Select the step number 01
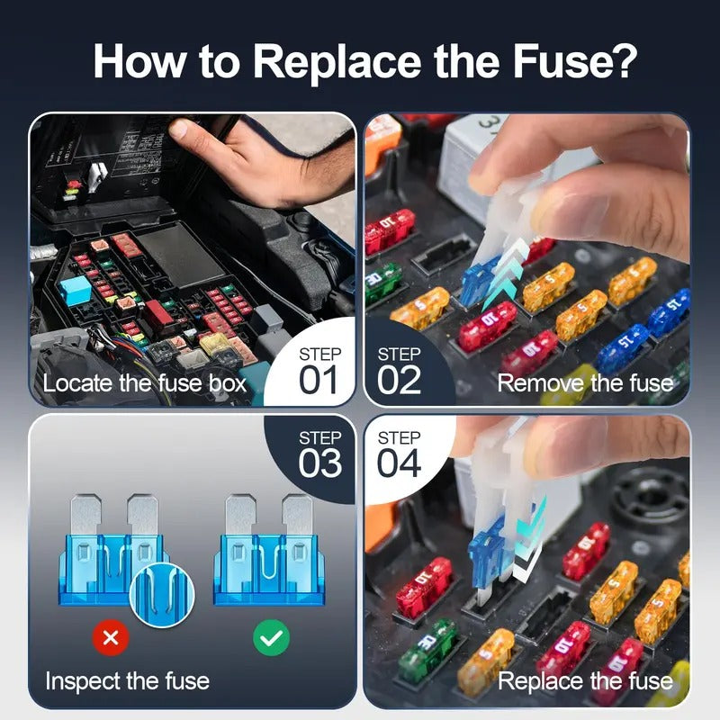coord(319,379)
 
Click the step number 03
coord(319,463)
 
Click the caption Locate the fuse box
coord(144,383)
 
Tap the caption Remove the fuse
coord(585,383)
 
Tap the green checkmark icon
coord(270,638)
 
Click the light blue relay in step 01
coord(74,288)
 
